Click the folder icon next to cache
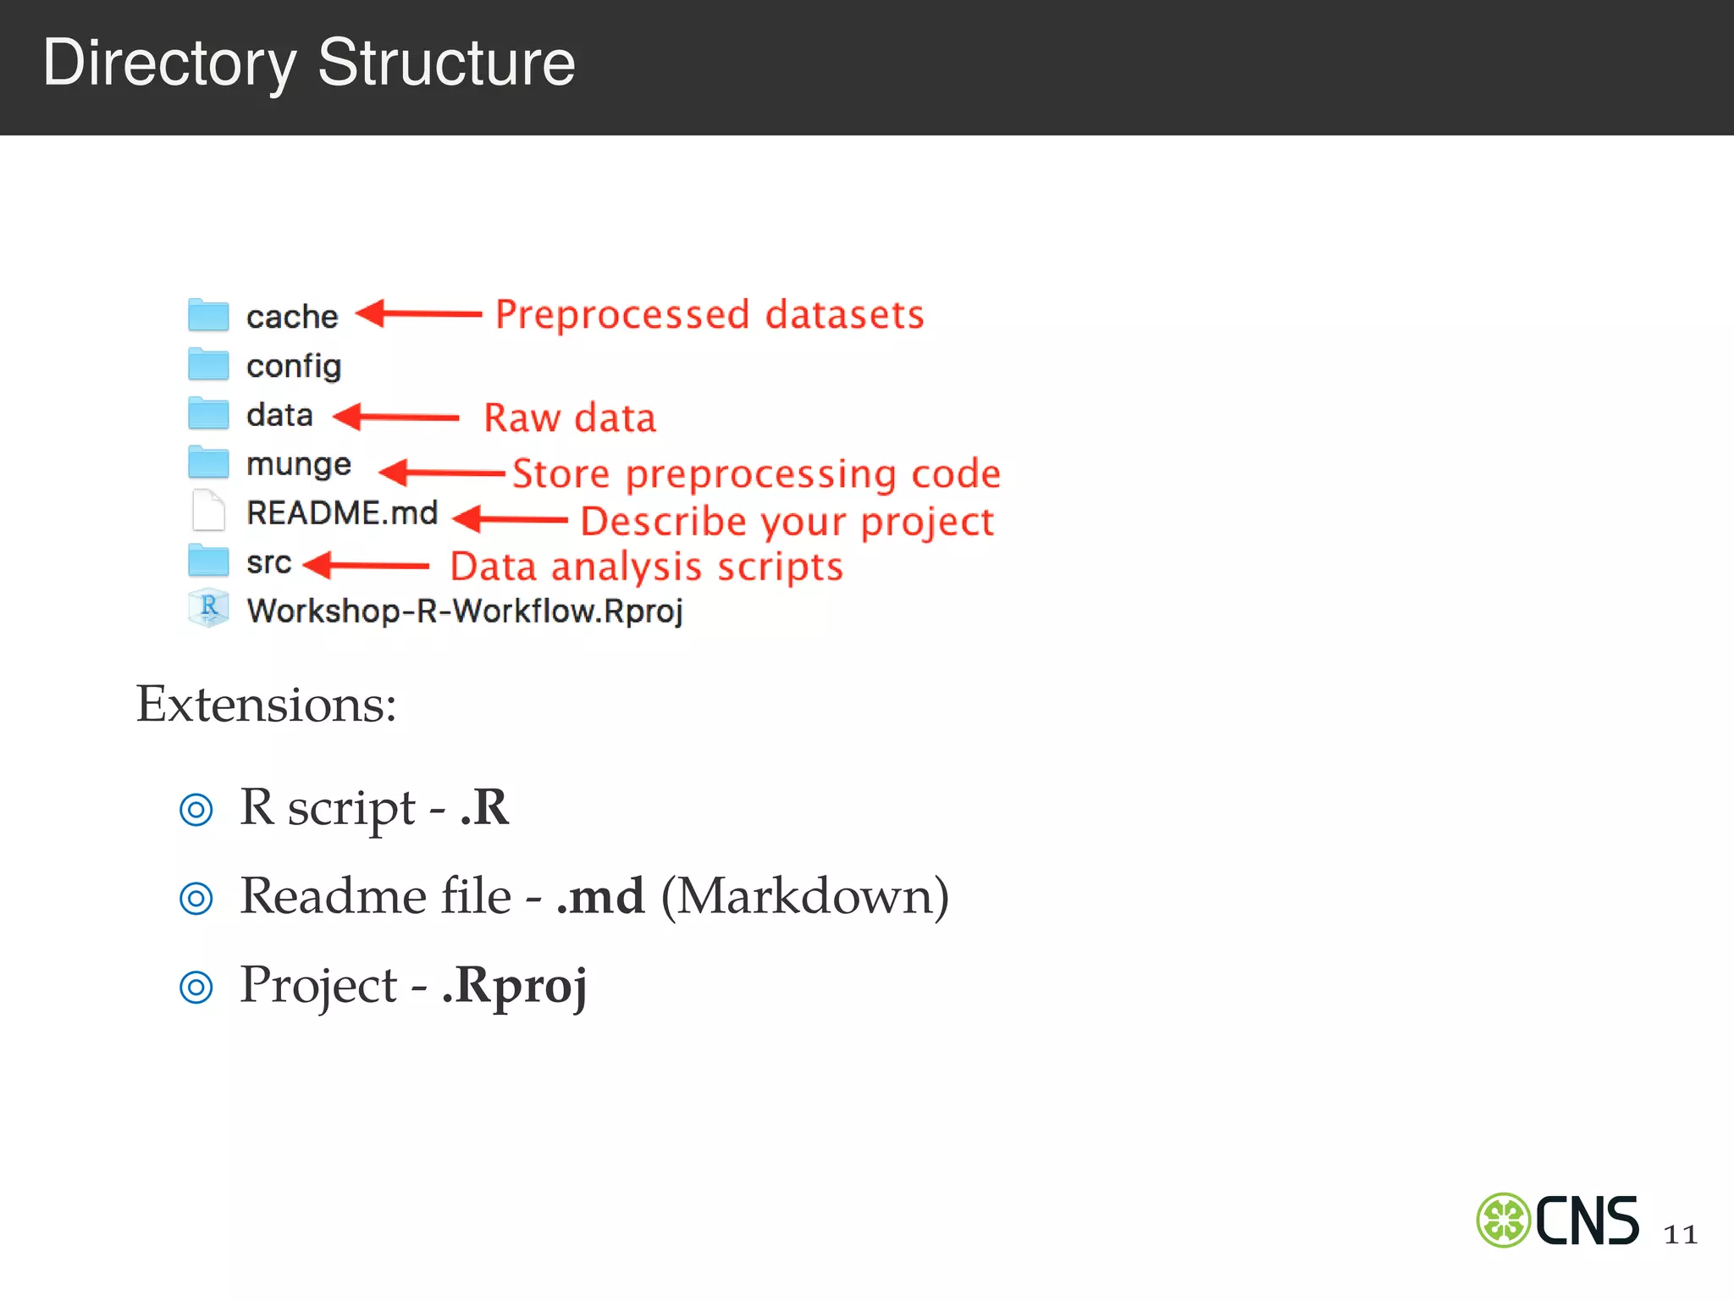(208, 315)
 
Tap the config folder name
(294, 366)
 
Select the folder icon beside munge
(208, 463)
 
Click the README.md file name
(342, 513)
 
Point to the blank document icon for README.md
(208, 511)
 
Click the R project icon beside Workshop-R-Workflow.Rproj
(208, 608)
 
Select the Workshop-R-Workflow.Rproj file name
(465, 611)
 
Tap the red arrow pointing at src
(367, 565)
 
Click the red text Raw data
(570, 418)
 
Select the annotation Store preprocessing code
(756, 473)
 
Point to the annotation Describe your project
(787, 522)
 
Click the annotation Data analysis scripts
(646, 567)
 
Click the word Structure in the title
(446, 63)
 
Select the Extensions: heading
(266, 704)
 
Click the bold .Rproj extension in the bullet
(515, 986)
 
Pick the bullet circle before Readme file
(196, 898)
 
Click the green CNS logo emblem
(1503, 1221)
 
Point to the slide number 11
(1680, 1234)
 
